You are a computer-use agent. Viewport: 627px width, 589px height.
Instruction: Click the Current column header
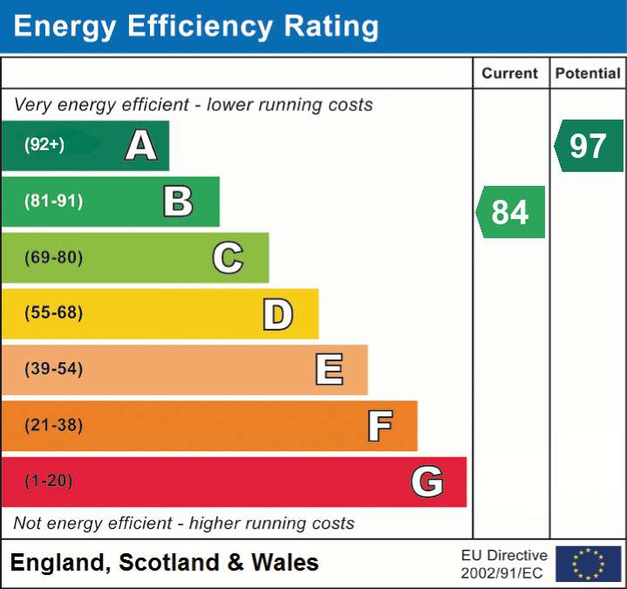coord(509,73)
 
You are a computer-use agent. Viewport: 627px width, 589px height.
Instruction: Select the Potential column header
coord(588,73)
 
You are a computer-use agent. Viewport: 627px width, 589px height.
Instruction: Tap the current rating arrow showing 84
coord(510,212)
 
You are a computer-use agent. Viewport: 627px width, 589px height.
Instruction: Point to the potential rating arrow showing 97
coord(589,146)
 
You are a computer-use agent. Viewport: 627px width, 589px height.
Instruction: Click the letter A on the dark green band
coord(140,145)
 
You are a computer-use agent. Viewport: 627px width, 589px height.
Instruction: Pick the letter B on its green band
coord(179,202)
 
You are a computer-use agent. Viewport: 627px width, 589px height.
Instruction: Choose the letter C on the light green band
coord(228,257)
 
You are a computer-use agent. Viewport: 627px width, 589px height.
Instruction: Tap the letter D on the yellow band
coord(278,314)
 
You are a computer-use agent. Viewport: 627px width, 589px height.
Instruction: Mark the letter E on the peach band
coord(329,369)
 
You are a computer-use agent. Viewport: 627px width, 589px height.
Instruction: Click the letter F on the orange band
coord(380,426)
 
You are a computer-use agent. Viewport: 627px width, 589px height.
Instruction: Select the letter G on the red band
coord(427,482)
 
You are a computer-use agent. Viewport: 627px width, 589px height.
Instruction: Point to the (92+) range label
coord(44,145)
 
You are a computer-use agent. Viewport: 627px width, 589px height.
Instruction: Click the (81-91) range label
coord(53,201)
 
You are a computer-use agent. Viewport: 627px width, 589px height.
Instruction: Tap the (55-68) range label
coord(53,312)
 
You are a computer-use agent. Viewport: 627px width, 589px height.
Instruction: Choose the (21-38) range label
coord(53,425)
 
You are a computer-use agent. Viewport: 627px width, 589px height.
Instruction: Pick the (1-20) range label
coord(48,481)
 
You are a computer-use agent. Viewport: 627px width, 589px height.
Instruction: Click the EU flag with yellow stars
coord(589,564)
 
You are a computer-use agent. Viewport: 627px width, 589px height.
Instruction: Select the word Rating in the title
coord(331,26)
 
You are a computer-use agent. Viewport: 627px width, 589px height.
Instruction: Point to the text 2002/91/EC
coord(501,573)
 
